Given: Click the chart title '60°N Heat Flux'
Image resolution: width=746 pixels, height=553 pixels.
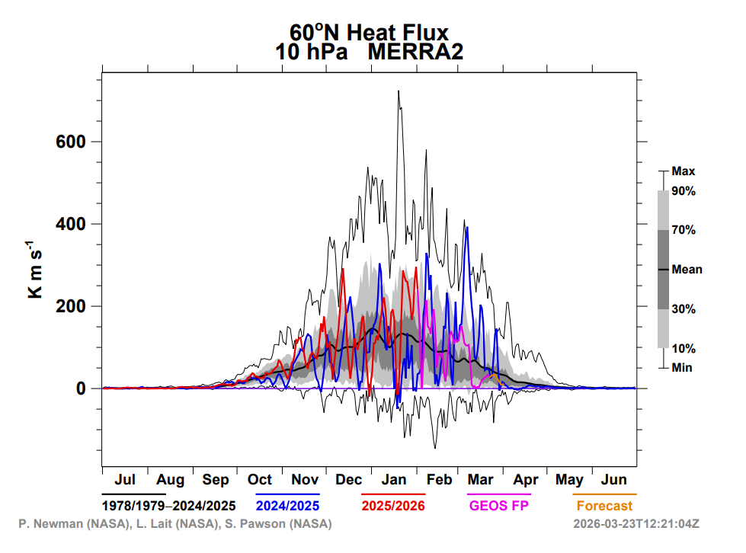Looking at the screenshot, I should pos(369,32).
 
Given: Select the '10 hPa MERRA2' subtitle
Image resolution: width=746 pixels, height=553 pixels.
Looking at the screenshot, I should pos(369,52).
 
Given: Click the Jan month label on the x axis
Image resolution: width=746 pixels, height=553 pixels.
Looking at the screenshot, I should pos(394,480).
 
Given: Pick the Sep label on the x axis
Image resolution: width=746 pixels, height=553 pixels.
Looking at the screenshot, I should pos(216,480).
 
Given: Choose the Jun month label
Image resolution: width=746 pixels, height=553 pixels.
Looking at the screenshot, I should pos(614,480).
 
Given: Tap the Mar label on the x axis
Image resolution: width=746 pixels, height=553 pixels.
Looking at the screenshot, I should pos(481,480).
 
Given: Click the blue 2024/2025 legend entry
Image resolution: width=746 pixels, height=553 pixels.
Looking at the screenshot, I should pos(287,506).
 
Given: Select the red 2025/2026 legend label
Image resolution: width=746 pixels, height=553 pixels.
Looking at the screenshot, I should pos(393,506).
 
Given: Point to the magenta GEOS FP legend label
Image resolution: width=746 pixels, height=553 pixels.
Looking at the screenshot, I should pos(500,506).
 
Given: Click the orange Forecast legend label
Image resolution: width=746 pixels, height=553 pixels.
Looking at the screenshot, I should pos(604,506).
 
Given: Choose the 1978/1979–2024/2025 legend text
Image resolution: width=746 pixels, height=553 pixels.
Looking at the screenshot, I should pos(168,506).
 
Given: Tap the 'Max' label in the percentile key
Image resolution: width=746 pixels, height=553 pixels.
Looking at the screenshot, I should pos(684,171).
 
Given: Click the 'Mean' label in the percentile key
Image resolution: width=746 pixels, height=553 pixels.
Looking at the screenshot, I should pos(687,269).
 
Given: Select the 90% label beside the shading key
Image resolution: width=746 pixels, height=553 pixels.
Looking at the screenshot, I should pos(684,191).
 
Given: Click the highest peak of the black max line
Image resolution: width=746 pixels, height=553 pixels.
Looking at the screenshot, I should pos(398,91).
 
